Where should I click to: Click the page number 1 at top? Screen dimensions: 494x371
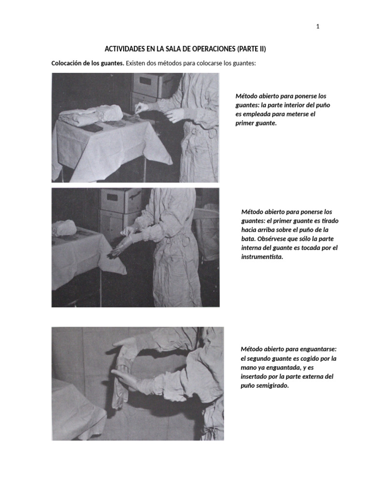317,27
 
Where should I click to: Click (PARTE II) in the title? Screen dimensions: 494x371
251,49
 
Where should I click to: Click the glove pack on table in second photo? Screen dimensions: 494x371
64,228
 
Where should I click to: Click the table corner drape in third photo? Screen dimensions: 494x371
75,410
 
